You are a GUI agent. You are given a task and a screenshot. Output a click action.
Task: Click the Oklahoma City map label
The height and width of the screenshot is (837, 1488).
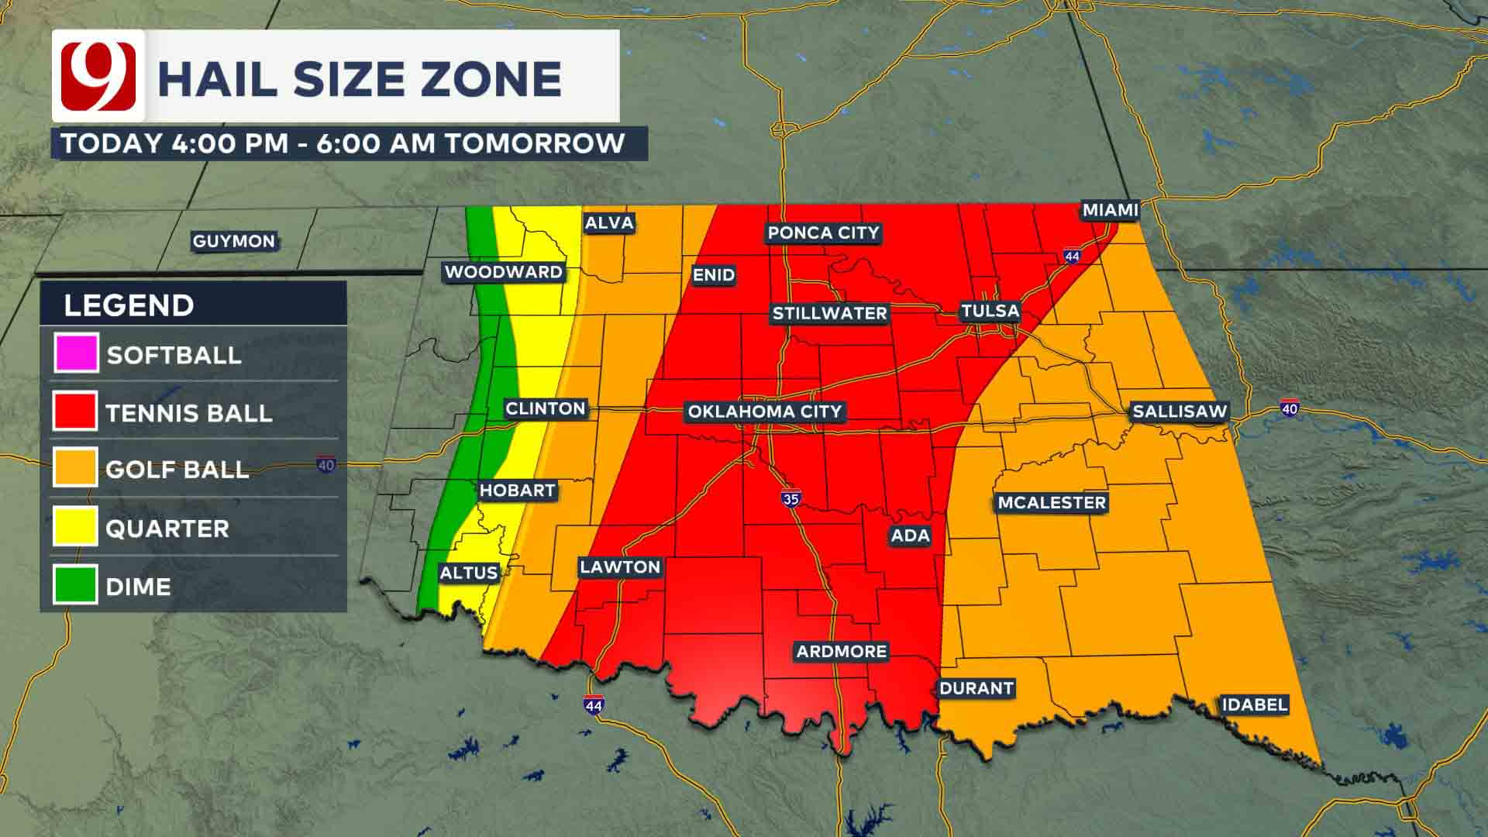pos(764,412)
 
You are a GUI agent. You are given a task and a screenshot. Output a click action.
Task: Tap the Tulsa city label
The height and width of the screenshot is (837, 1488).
pos(990,311)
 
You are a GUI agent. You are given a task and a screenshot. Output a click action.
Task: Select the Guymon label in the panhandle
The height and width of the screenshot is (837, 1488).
pos(233,241)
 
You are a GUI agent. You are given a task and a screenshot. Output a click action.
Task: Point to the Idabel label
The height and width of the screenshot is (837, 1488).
pos(1254,704)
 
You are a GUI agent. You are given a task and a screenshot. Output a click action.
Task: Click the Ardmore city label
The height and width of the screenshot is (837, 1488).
pos(841,651)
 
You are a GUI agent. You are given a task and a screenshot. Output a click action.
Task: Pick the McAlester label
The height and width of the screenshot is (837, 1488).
pos(1051,502)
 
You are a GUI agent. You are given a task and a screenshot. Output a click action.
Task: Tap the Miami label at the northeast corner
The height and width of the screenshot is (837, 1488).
pos(1110,210)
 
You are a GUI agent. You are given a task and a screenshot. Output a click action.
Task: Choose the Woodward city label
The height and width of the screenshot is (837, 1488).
pos(503,272)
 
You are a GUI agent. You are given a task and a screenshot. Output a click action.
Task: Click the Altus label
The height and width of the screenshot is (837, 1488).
pos(468,573)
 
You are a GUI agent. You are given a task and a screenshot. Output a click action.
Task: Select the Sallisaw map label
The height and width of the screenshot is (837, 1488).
pos(1180,412)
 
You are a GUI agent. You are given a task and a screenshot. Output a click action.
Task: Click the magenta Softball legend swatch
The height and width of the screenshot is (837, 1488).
pos(75,353)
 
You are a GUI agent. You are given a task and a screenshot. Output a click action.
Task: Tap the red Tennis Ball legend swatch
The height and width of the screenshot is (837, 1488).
pos(75,412)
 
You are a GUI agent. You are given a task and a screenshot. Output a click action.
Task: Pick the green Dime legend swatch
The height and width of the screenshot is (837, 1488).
pos(75,585)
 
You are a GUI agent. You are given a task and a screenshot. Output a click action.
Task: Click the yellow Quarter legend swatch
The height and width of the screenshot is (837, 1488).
pos(75,527)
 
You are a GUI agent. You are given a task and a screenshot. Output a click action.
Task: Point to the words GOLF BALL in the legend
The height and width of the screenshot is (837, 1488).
pos(177,470)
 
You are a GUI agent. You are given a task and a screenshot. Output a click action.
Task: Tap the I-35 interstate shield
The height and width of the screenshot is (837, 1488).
pos(790,499)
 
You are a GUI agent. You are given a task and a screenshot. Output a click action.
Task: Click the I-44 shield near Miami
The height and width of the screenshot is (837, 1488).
pos(1072,257)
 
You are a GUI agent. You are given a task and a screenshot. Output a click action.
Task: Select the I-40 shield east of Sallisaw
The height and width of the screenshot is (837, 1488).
pos(1289,408)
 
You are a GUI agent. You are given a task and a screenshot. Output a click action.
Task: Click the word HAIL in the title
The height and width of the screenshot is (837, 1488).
pos(218,79)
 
